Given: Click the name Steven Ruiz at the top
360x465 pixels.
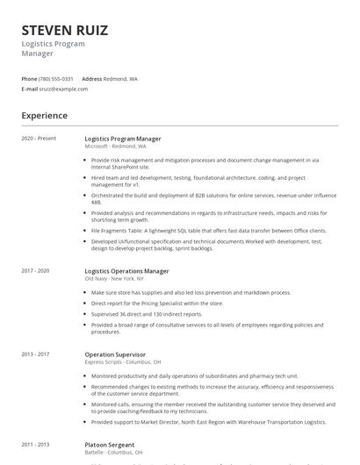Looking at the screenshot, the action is (66, 30).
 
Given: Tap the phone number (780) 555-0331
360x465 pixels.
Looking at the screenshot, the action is (57, 79).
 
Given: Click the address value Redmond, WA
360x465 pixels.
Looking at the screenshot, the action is (120, 79).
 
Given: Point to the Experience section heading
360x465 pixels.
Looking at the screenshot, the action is (45, 115).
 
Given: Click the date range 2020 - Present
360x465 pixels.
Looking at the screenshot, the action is (39, 139).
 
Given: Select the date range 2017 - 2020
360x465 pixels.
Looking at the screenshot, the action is (36, 271).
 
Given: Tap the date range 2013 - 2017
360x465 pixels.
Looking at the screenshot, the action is (36, 354).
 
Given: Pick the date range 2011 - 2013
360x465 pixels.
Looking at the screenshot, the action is (36, 445).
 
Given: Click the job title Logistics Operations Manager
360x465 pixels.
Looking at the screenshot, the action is (126, 271).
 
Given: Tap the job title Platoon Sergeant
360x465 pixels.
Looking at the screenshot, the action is (111, 445).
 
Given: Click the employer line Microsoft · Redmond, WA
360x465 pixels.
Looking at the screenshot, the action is (115, 147).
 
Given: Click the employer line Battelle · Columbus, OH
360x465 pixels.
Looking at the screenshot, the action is (113, 453).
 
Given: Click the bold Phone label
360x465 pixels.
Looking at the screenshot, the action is (29, 79).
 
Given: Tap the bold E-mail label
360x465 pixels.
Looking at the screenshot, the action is (30, 89).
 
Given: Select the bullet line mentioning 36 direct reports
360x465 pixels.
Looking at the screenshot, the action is (147, 313).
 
